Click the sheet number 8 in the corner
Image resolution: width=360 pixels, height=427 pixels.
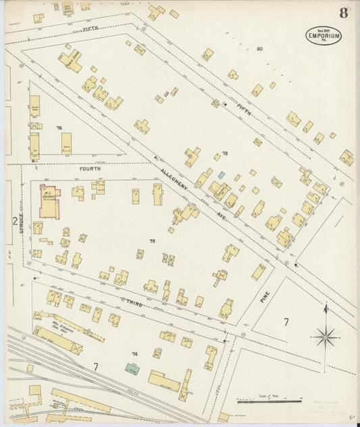click(344, 13)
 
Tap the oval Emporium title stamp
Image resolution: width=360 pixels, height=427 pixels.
click(324, 34)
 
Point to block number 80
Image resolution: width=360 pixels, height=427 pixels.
click(259, 49)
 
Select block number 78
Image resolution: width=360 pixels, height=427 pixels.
click(225, 154)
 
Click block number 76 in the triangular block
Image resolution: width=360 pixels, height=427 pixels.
click(59, 128)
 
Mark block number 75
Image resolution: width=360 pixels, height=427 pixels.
click(152, 241)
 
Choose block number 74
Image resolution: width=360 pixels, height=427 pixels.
click(134, 354)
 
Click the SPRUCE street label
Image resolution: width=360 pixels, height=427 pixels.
click(22, 224)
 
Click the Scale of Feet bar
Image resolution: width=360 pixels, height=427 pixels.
click(269, 401)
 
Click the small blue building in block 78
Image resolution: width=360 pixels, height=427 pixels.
click(221, 175)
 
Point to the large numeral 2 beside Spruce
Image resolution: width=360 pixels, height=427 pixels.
click(14, 221)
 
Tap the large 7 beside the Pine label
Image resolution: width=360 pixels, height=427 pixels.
click(286, 322)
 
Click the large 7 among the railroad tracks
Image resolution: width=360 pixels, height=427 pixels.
click(95, 367)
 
